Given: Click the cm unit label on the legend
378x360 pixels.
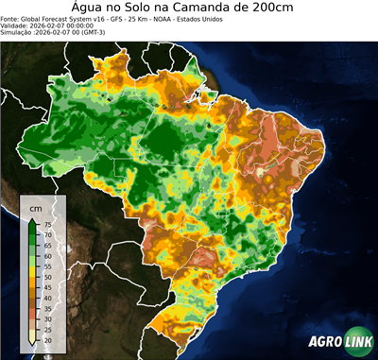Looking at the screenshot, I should coord(36,207).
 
